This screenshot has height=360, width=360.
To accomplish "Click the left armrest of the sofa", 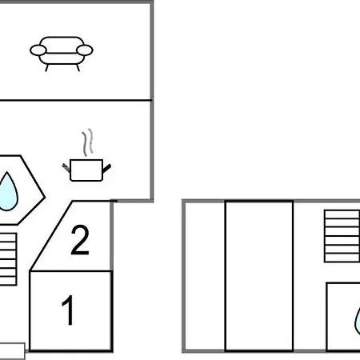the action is pyautogui.click(x=38, y=50).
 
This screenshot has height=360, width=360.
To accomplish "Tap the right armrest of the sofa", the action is pyautogui.click(x=85, y=50).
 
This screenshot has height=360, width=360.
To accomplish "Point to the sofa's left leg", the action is pyautogui.click(x=47, y=68).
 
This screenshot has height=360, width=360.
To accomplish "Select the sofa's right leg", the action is pyautogui.click(x=78, y=68).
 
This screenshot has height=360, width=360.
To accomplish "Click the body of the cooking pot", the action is pyautogui.click(x=86, y=170).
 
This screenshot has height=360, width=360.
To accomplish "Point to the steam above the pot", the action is pyautogui.click(x=88, y=142).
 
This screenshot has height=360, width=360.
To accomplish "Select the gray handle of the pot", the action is pyautogui.click(x=66, y=168).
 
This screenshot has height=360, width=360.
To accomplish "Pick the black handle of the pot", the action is pyautogui.click(x=106, y=168).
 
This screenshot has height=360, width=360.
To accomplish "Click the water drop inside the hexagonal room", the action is pyautogui.click(x=8, y=192).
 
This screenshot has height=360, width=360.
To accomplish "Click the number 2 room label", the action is pyautogui.click(x=80, y=240).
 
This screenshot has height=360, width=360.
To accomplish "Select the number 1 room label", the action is pyautogui.click(x=68, y=310).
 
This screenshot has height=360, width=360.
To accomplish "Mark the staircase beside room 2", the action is pyautogui.click(x=8, y=259).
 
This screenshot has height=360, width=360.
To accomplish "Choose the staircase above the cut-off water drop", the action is pyautogui.click(x=342, y=236).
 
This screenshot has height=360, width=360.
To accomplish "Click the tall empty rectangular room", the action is pyautogui.click(x=259, y=276).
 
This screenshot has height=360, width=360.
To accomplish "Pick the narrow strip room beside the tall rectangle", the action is pyautogui.click(x=205, y=276).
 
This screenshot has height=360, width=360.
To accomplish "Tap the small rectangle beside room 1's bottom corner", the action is pyautogui.click(x=12, y=351).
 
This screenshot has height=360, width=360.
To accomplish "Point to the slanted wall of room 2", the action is pyautogui.click(x=50, y=236).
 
